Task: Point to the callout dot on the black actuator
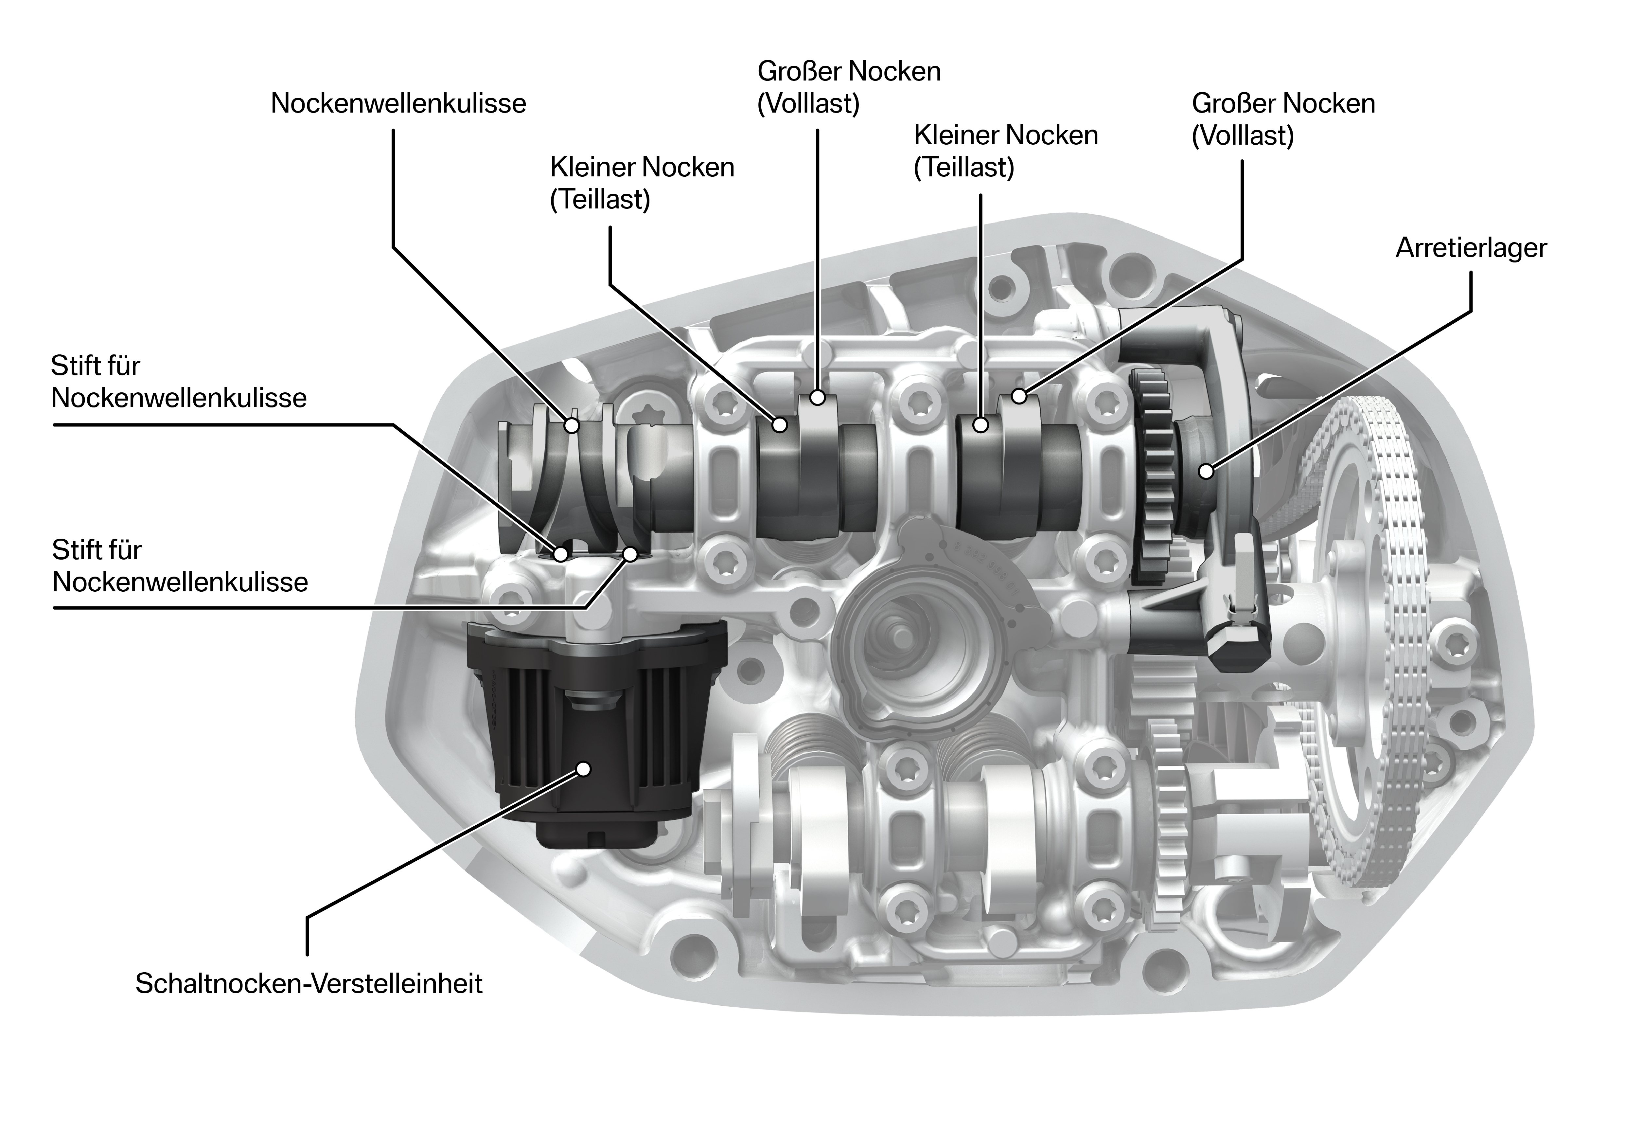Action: pyautogui.click(x=583, y=769)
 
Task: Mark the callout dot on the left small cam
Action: pyautogui.click(x=780, y=425)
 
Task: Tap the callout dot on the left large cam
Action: pyautogui.click(x=818, y=397)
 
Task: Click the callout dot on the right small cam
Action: pyautogui.click(x=980, y=425)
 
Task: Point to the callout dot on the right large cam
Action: pyautogui.click(x=1018, y=396)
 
